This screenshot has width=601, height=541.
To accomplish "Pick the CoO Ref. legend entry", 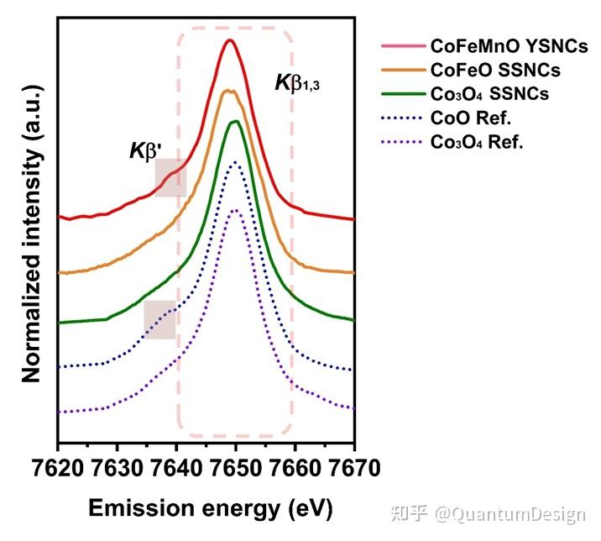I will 470,118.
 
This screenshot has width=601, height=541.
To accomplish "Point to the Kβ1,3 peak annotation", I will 299,83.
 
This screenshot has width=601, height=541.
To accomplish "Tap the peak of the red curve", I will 229,40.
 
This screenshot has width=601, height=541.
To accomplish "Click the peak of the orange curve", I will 227,90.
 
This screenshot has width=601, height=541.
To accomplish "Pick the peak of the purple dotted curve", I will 235,210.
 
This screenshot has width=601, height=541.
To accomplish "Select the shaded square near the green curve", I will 159,319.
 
